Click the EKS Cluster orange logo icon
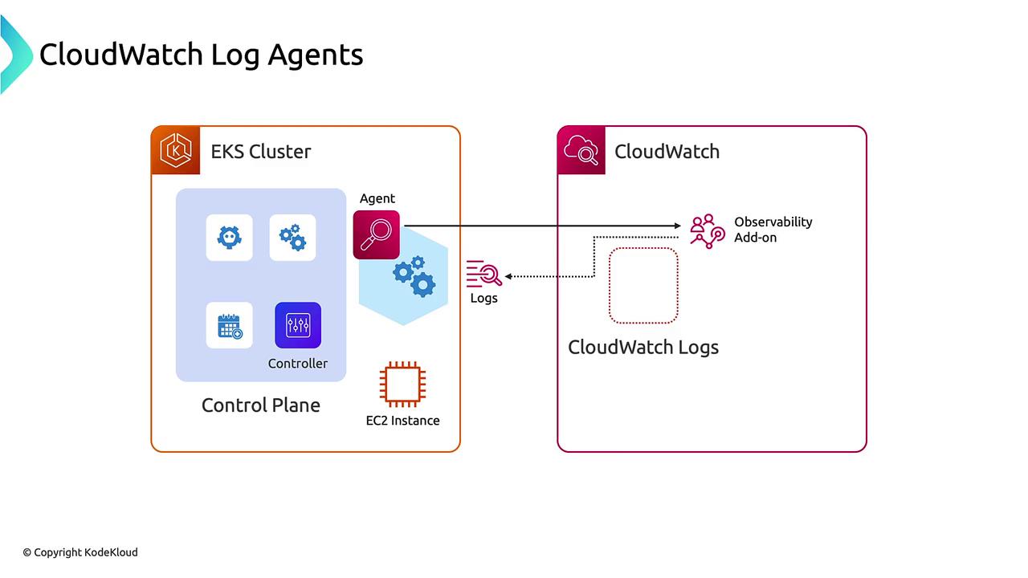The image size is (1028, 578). point(175,150)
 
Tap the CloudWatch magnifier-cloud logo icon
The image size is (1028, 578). point(581,150)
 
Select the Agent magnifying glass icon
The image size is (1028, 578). point(376,234)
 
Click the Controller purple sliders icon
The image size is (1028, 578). point(298,325)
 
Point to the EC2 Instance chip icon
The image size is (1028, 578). point(402,385)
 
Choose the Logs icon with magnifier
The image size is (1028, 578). point(484,274)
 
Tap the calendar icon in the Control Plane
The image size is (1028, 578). point(230,325)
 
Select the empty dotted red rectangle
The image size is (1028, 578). point(643,286)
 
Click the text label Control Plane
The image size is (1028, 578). point(261,405)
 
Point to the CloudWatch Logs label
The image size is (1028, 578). point(643,348)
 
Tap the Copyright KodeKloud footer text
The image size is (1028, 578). point(80,552)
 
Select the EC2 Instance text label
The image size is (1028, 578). point(402,421)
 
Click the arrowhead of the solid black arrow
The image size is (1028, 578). point(677,226)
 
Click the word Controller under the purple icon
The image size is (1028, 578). point(298,364)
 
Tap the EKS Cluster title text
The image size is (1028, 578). point(261,152)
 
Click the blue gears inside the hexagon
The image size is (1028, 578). point(414,275)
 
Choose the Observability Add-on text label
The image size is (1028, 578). point(773,230)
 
